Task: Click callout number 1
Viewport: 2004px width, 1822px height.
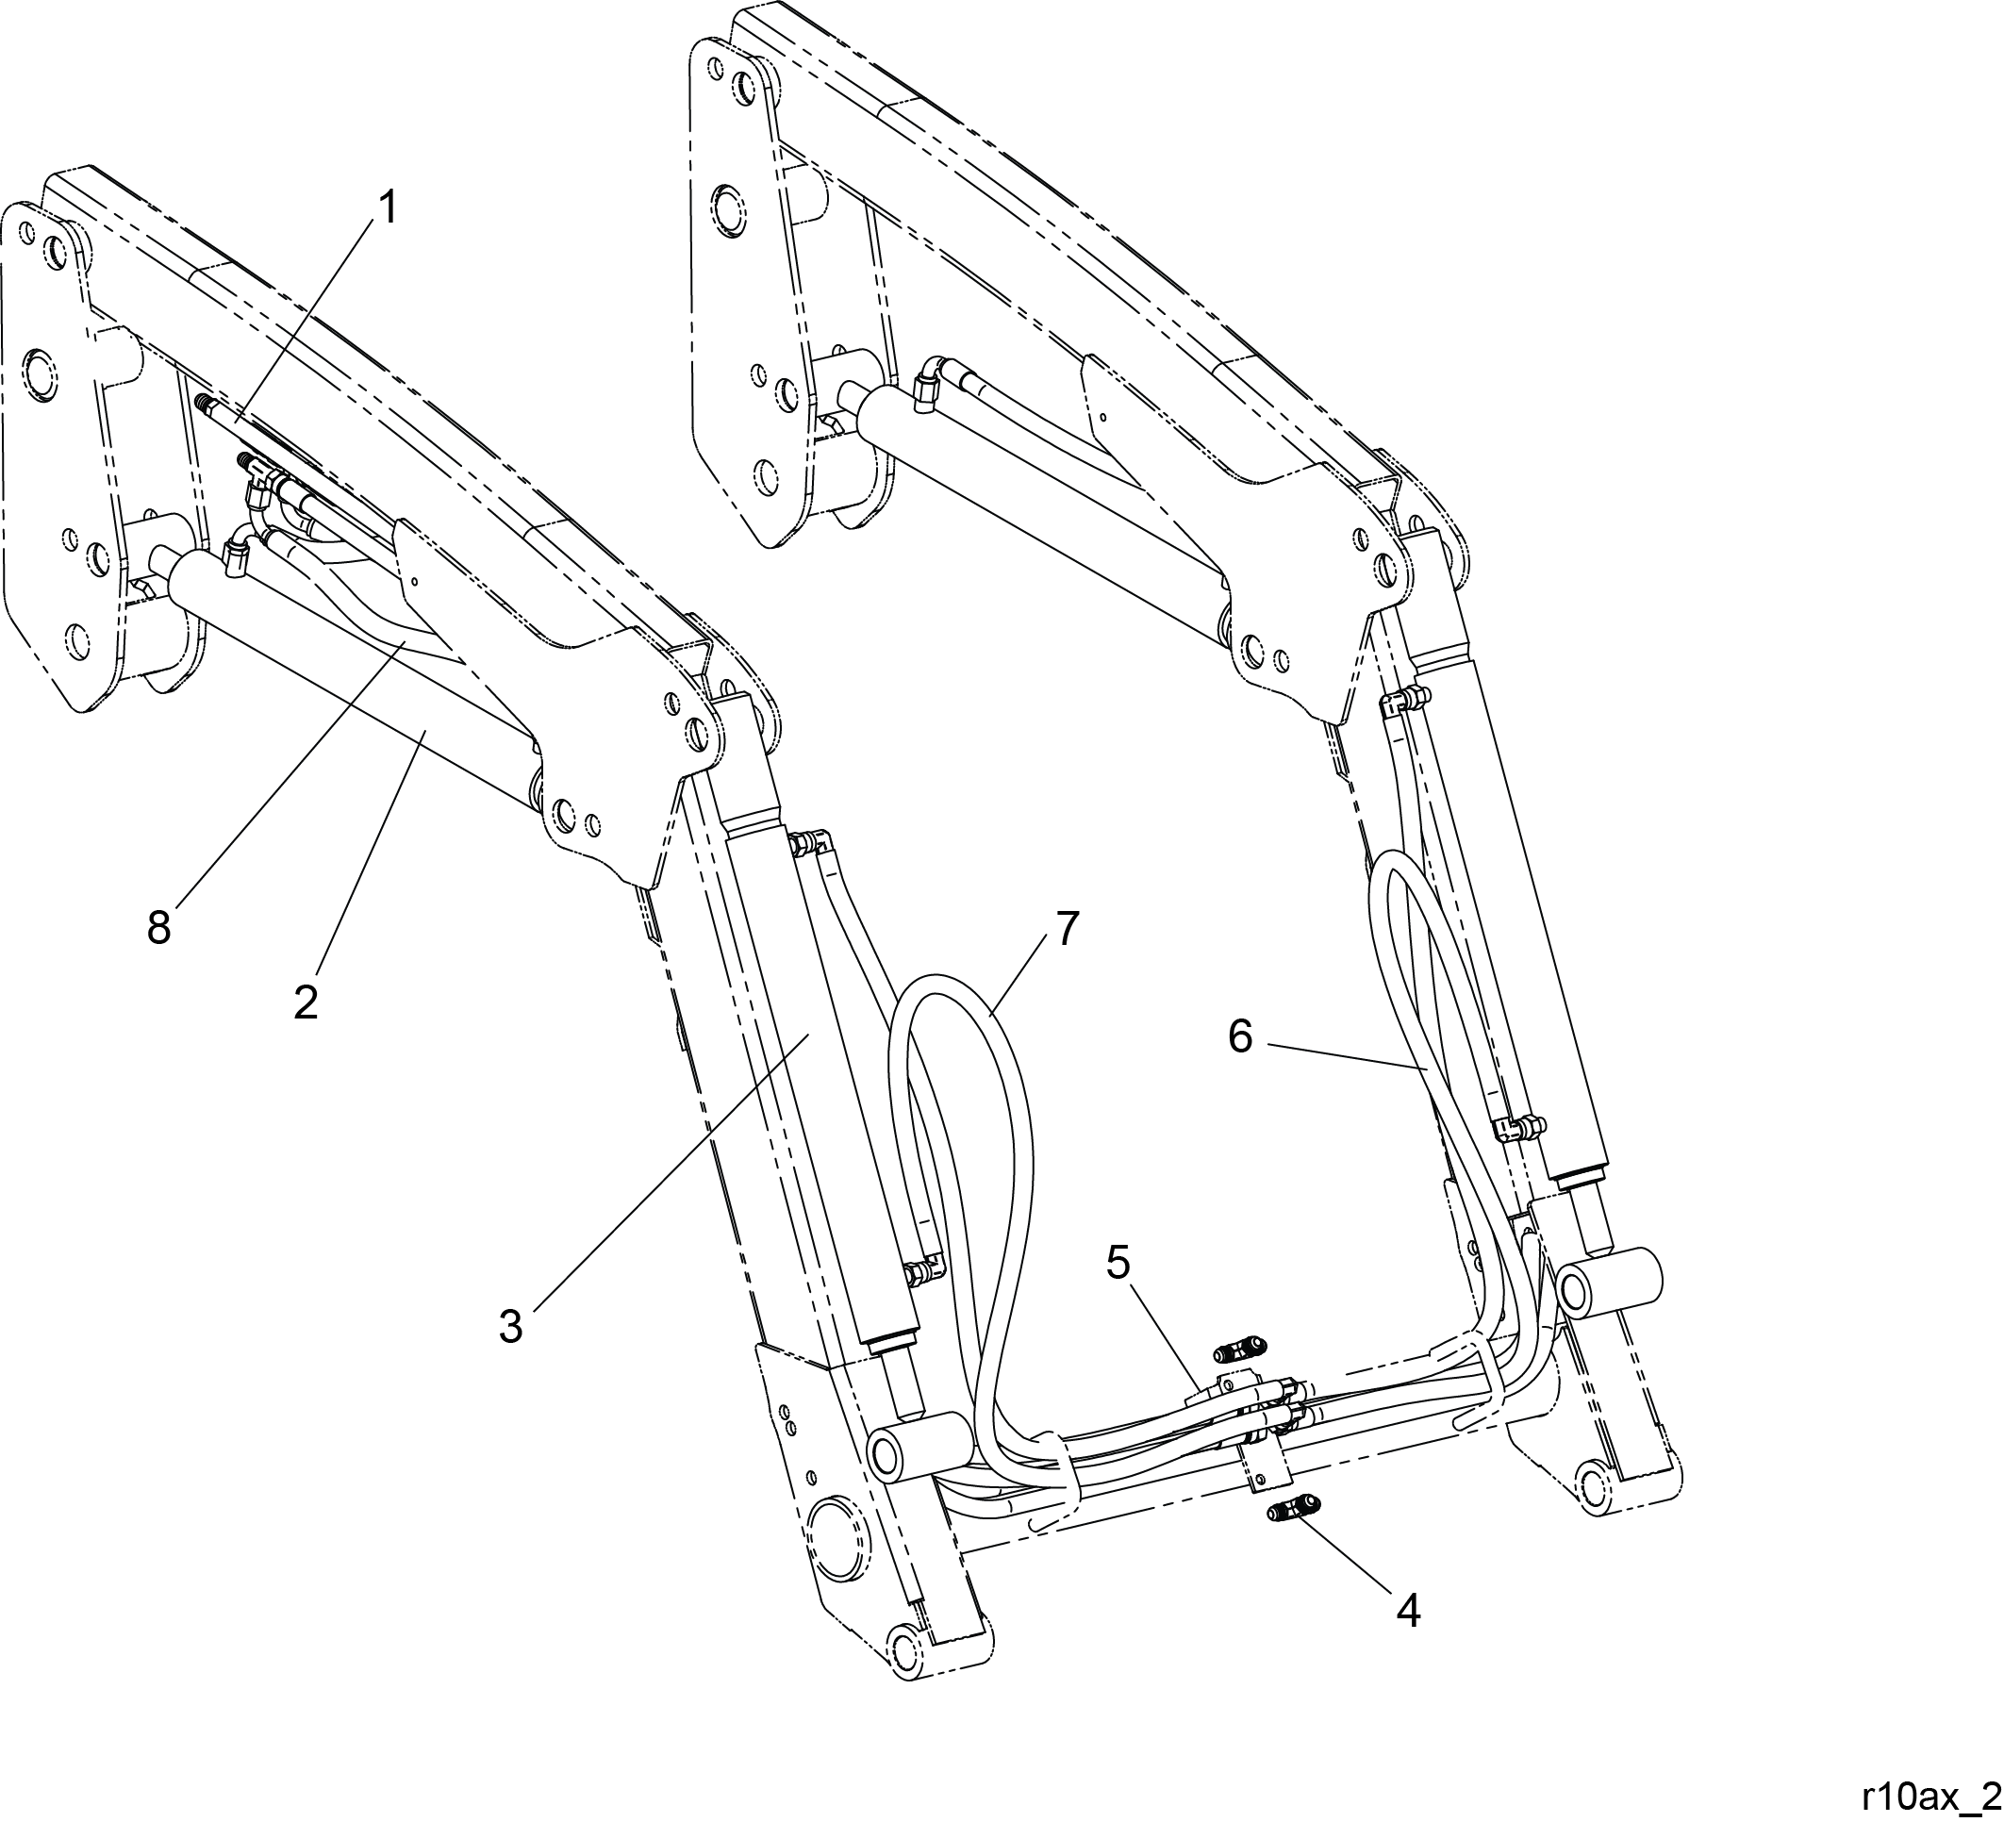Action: point(387,208)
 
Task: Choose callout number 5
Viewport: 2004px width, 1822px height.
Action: point(1118,1263)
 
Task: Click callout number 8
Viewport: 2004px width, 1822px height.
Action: point(159,928)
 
